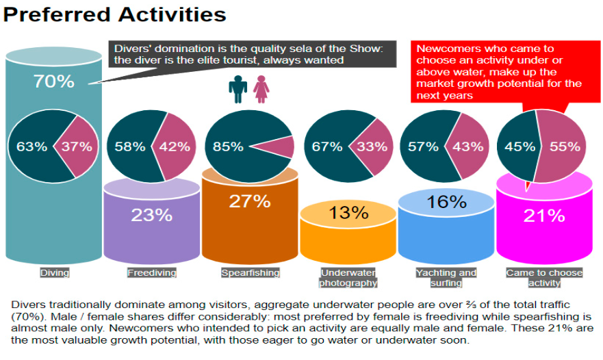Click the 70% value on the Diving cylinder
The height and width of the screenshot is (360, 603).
click(x=54, y=81)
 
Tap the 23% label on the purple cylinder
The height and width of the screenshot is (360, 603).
click(x=151, y=215)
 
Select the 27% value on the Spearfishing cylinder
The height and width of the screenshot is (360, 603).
click(x=250, y=201)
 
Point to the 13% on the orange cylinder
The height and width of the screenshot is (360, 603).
click(x=348, y=212)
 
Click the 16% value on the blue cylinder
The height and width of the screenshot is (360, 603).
click(x=446, y=202)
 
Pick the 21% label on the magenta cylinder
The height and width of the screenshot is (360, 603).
click(x=544, y=216)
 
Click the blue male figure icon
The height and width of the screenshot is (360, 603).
click(x=238, y=89)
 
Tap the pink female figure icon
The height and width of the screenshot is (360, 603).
click(x=261, y=89)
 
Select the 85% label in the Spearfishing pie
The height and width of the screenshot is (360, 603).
click(x=228, y=146)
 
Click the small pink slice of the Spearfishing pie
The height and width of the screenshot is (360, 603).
click(x=279, y=147)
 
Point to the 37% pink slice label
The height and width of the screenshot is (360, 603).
click(x=77, y=146)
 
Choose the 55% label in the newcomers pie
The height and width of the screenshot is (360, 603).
click(x=565, y=146)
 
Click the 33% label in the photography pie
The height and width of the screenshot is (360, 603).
click(x=372, y=146)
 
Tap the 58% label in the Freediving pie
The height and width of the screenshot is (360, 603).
click(x=130, y=146)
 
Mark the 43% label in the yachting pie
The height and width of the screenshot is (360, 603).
click(x=467, y=146)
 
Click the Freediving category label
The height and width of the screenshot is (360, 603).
click(x=152, y=272)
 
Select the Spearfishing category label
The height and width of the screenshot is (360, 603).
click(x=251, y=272)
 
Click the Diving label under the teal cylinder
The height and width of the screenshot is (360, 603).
click(x=55, y=272)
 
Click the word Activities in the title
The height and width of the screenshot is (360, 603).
click(x=172, y=14)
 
